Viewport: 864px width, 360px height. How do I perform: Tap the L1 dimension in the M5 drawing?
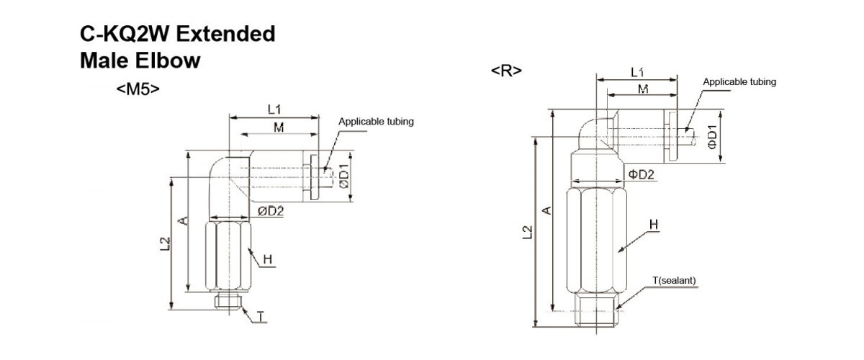274,109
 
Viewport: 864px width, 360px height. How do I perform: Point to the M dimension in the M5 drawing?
278,127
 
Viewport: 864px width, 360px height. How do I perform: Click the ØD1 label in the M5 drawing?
343,176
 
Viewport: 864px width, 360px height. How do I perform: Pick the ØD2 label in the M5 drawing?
271,211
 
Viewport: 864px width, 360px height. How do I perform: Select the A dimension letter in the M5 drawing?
183,220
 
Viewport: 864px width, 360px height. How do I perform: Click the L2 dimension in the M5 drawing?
163,244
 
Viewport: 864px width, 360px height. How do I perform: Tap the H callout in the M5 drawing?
267,259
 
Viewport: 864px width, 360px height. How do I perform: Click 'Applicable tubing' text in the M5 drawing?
377,122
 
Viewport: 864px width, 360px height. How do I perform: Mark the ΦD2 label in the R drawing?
641,174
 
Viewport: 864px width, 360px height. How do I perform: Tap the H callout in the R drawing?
654,225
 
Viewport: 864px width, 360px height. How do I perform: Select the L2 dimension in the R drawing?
528,231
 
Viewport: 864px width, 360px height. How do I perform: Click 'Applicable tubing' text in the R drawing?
739,82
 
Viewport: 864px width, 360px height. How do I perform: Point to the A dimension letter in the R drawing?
546,210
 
